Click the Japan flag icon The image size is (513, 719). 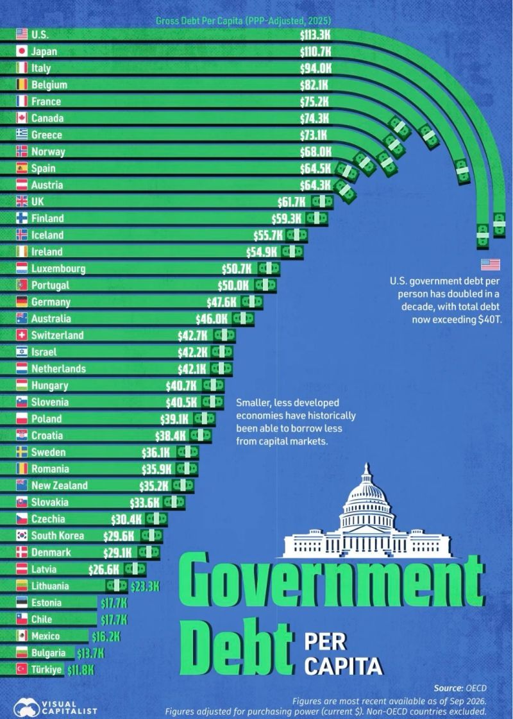(22, 51)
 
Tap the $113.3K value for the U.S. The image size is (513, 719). (315, 35)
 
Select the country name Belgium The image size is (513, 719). (49, 85)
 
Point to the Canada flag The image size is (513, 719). (22, 118)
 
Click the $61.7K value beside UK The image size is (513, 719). (292, 202)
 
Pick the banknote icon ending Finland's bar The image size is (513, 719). (317, 218)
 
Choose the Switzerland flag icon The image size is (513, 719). (22, 335)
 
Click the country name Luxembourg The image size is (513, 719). (58, 268)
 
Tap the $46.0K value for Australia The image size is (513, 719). (212, 319)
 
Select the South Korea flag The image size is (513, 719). (22, 535)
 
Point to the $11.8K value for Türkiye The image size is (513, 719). (81, 670)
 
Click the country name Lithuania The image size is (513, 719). (50, 586)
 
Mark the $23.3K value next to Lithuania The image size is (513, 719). (145, 586)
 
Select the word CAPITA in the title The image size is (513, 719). (343, 666)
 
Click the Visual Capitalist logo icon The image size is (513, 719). (26, 707)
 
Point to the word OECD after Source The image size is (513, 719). (476, 688)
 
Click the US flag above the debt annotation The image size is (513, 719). (491, 265)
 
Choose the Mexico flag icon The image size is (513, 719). (22, 636)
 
